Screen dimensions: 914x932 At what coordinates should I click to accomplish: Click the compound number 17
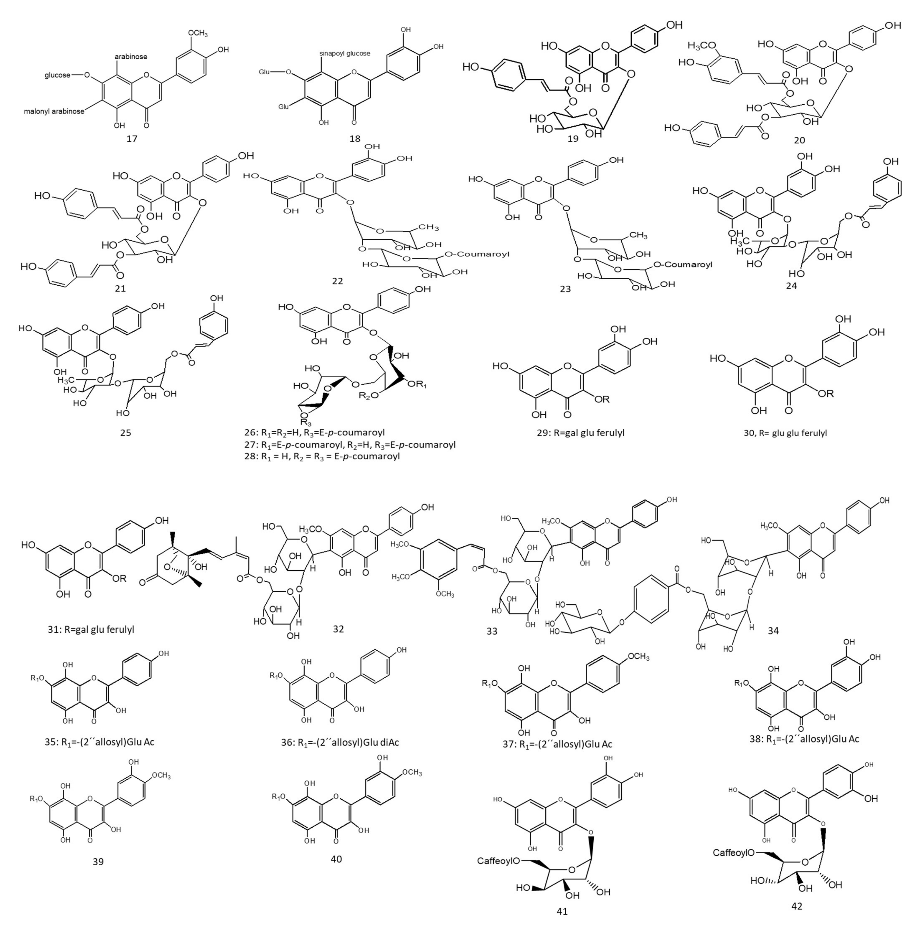132,139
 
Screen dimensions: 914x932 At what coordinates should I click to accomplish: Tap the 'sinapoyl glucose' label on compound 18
345,53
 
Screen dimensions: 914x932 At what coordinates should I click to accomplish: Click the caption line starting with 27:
349,444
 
